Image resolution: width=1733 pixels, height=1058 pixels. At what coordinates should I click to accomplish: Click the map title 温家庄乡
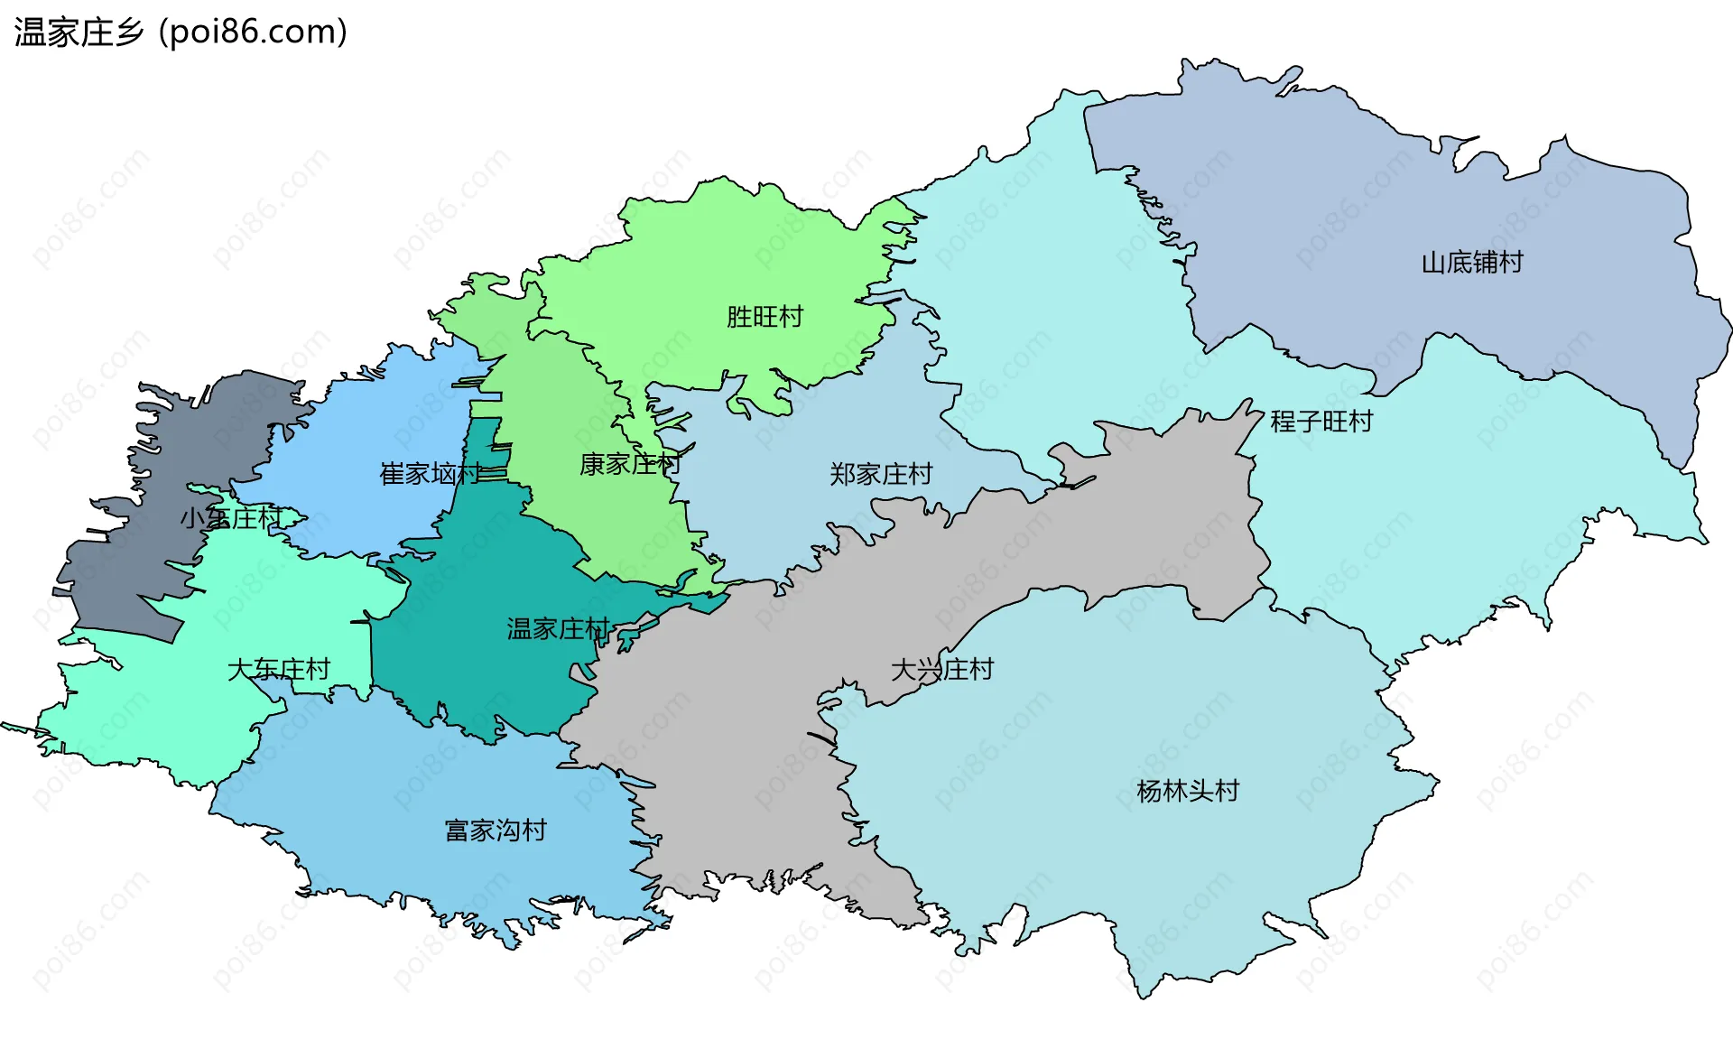pos(79,32)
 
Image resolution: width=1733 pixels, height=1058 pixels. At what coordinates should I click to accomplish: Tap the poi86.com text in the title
pos(252,32)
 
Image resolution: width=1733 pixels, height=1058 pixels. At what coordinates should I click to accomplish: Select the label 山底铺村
pos(1472,263)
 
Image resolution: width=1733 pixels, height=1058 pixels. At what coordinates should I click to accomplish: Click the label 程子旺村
pos(1321,422)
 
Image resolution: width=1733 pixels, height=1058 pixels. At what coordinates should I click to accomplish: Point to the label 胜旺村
pos(765,317)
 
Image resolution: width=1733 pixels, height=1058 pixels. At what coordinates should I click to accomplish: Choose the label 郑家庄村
pos(881,474)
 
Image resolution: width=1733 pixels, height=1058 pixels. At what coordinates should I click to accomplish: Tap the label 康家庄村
pos(629,465)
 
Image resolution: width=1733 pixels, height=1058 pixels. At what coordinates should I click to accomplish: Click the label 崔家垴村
pos(431,474)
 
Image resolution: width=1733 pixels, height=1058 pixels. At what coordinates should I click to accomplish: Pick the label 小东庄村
pos(231,518)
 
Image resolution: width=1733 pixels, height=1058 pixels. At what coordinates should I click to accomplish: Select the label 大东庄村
pos(279,670)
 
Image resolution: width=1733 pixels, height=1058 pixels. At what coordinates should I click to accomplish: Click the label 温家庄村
pos(559,629)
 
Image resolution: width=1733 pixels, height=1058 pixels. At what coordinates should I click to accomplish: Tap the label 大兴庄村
pos(941,670)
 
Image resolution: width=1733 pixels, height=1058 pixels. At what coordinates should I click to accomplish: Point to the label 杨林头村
pos(1188,792)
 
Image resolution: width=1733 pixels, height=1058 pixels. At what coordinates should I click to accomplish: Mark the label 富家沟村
pos(496,831)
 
